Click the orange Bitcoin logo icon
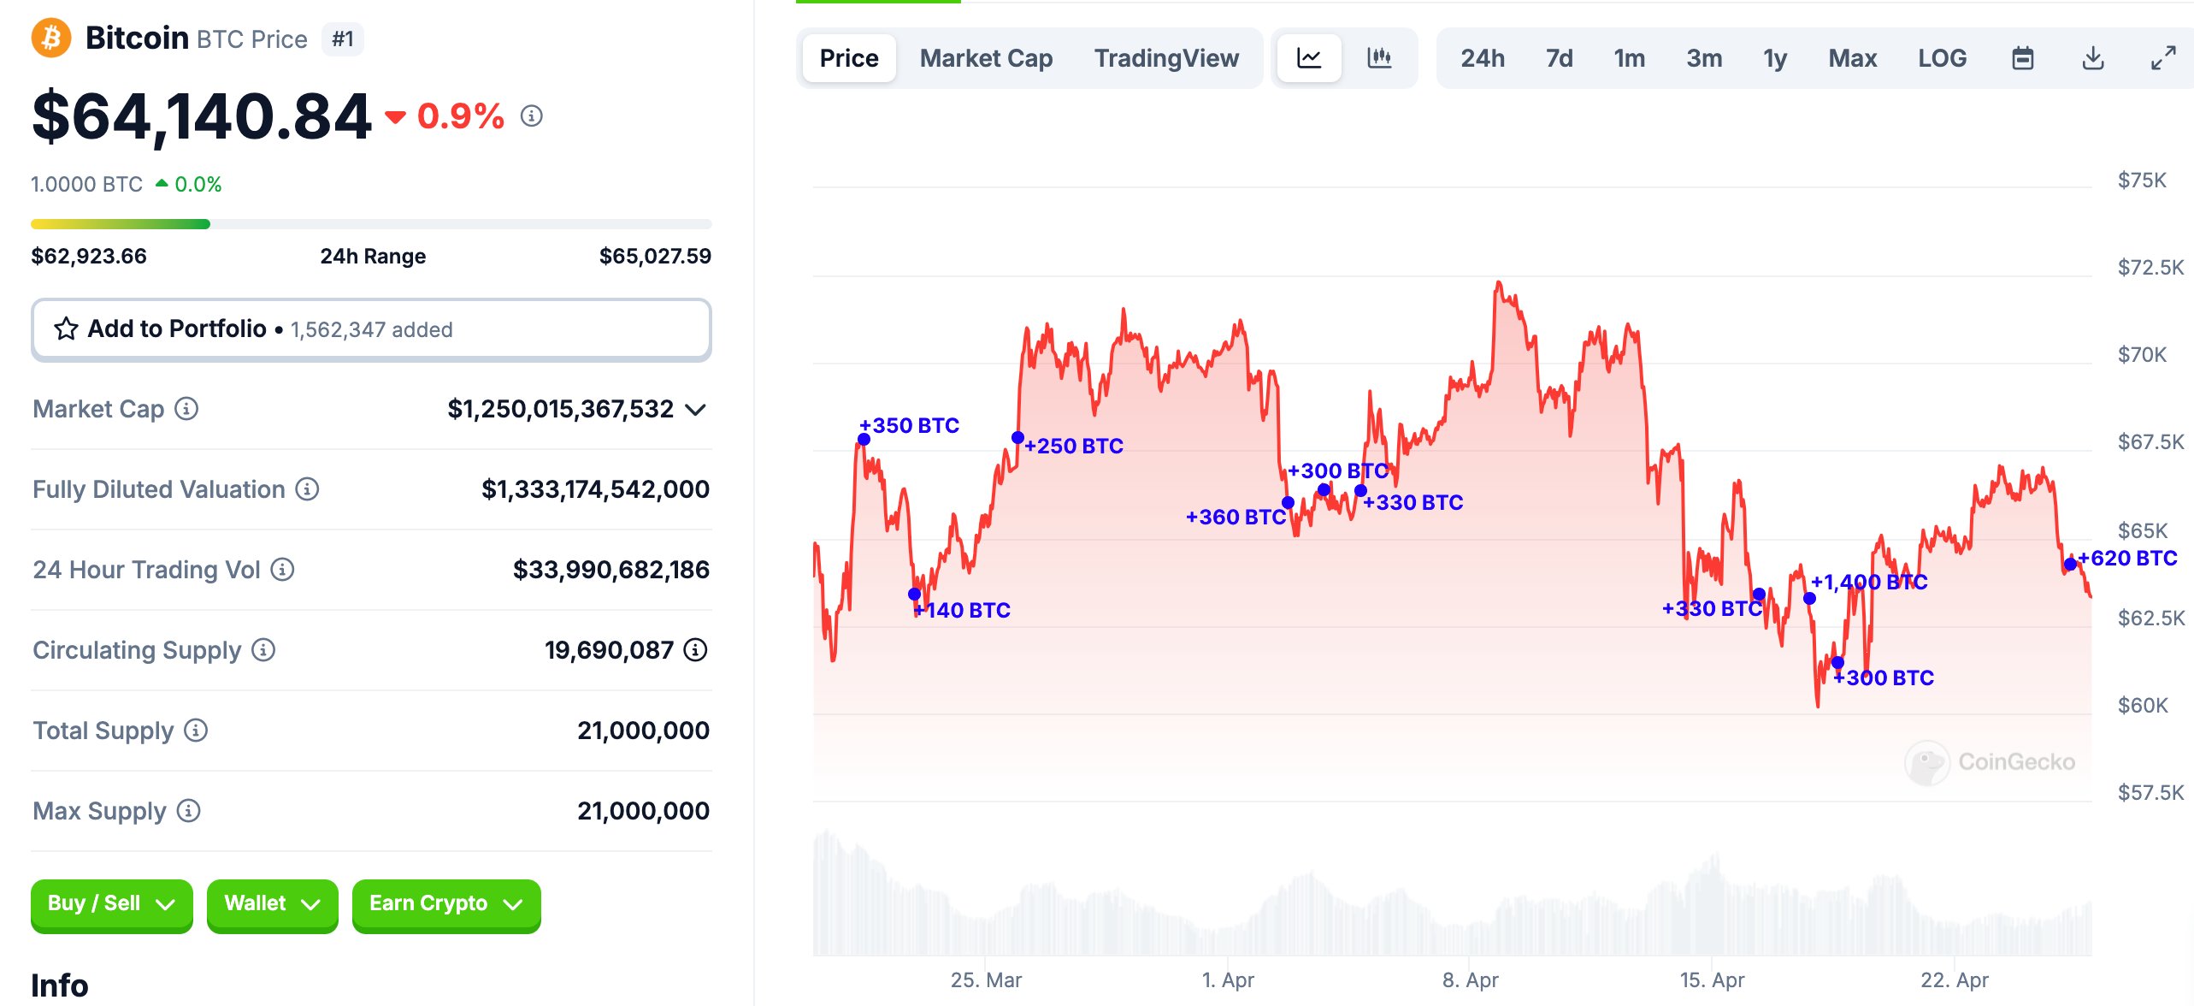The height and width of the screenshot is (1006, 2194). coord(50,38)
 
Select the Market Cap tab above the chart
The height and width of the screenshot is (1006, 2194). coord(986,58)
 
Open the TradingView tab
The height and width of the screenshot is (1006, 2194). coord(1166,58)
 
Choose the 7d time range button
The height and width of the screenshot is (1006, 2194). coord(1559,58)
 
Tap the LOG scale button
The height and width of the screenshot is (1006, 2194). coord(1942,58)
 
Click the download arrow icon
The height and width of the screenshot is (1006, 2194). coord(2092,58)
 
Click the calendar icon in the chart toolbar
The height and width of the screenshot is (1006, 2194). coord(2022,58)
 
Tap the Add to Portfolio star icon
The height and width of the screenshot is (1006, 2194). coord(66,329)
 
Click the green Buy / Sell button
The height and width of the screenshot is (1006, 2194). coord(111,904)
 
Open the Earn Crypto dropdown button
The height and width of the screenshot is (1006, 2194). coord(445,904)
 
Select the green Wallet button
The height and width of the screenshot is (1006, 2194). coord(272,904)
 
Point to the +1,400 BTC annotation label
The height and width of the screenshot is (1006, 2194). coord(1869,583)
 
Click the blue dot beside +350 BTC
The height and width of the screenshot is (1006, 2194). coord(864,440)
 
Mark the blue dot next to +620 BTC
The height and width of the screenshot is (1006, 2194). coord(2070,564)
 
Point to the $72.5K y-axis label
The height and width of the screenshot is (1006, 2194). coord(2150,268)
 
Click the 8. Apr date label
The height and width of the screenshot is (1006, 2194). coord(1470,980)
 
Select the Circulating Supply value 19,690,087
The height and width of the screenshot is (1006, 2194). coord(609,650)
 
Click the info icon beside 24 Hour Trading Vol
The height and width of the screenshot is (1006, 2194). coord(282,570)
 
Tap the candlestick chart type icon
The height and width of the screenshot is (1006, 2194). coord(1379,58)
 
